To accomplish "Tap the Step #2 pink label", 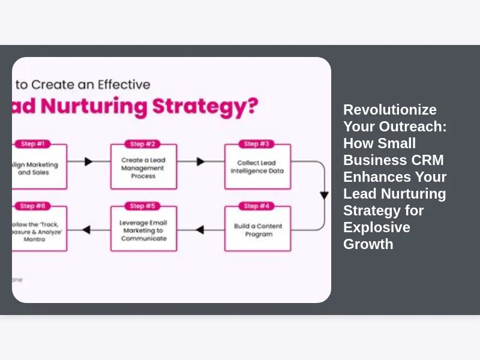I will [143, 144].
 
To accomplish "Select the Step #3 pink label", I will [257, 144].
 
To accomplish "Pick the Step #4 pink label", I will [257, 206].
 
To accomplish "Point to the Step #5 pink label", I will [143, 206].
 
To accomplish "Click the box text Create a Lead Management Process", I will [143, 168].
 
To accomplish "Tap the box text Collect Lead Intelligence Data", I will [257, 167].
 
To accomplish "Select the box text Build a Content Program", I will [258, 230].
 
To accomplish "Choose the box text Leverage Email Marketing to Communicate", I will [143, 230].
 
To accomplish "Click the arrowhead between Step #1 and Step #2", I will [88, 161].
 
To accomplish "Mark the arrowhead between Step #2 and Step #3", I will [200, 161].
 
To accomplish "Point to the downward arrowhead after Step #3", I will [324, 196].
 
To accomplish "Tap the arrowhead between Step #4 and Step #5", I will [200, 230].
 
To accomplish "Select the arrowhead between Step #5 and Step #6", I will [86, 230].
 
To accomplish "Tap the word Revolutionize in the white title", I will [389, 110].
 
